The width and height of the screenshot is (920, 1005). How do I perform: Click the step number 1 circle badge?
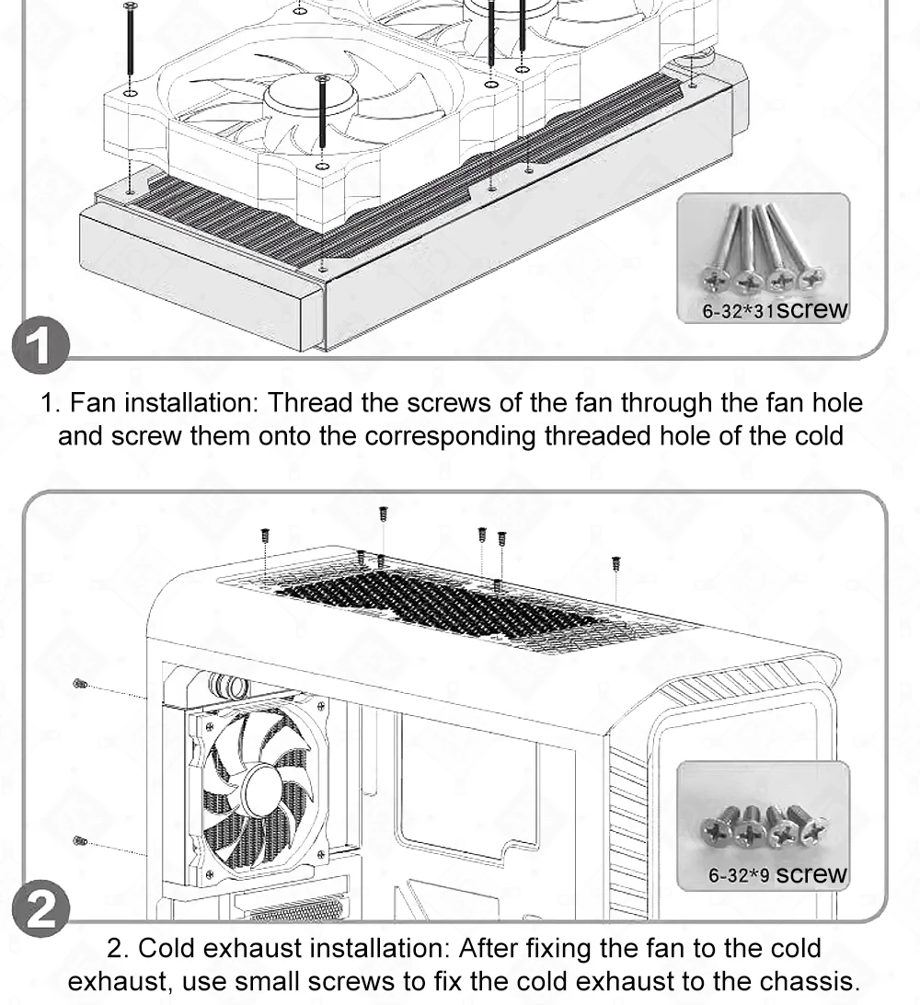click(41, 344)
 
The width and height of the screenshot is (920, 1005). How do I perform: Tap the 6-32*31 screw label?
click(774, 310)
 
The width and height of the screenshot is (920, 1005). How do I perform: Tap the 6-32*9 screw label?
click(777, 874)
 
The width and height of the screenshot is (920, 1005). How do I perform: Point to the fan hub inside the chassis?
click(262, 790)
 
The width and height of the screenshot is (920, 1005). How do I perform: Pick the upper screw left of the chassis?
click(79, 684)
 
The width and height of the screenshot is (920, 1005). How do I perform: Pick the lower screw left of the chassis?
click(80, 840)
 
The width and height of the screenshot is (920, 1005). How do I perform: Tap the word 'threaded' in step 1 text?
click(598, 435)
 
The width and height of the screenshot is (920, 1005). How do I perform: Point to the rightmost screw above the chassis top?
click(615, 562)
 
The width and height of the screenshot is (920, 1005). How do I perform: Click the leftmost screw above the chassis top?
click(265, 535)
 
